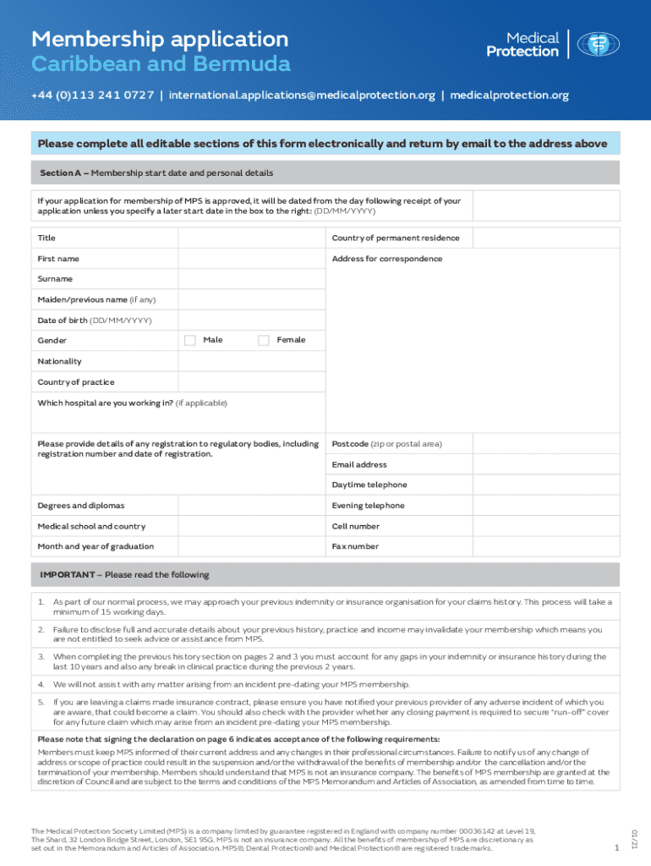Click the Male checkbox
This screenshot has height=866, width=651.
[x=189, y=340]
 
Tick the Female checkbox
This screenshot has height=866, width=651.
[x=263, y=340]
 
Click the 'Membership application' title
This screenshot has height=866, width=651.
[x=160, y=39]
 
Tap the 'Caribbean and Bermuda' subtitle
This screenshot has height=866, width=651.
[x=161, y=64]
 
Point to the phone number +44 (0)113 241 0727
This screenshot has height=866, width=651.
[x=93, y=96]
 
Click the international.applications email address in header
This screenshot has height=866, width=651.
[x=302, y=96]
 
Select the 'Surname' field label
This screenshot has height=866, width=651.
[x=55, y=279]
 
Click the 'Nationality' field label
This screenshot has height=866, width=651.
[x=59, y=361]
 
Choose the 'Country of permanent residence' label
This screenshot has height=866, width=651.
[x=396, y=238]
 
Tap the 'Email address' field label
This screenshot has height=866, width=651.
[x=359, y=465]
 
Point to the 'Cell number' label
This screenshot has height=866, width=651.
[x=356, y=526]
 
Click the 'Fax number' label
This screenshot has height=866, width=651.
[x=355, y=546]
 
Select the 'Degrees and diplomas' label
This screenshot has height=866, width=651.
[x=80, y=506]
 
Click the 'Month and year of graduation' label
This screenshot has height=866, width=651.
[x=96, y=546]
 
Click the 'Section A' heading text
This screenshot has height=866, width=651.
[x=61, y=173]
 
